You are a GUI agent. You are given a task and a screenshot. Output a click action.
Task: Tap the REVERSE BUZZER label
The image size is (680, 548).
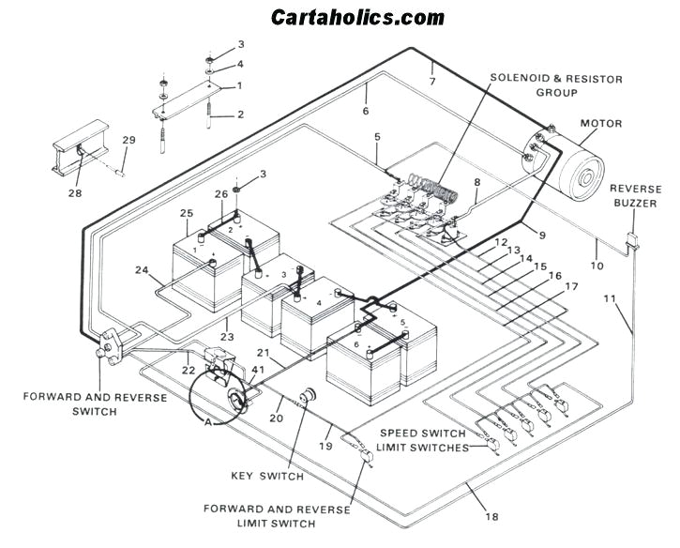(x=635, y=194)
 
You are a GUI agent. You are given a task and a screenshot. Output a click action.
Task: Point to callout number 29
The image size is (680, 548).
(x=129, y=141)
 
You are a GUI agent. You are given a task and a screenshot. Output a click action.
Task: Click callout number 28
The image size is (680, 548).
(x=74, y=193)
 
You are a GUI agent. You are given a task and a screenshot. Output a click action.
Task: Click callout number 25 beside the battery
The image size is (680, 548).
(x=187, y=214)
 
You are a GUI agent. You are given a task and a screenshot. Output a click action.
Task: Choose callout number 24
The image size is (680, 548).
(x=142, y=271)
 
